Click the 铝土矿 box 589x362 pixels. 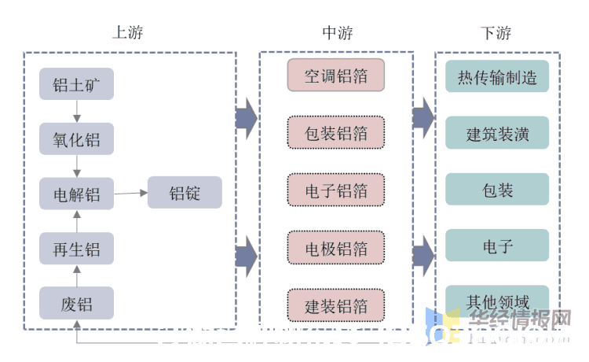(76, 83)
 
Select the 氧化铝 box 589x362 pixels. (76, 139)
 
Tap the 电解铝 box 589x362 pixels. (76, 194)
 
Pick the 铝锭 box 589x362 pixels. (185, 193)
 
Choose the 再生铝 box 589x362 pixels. (76, 249)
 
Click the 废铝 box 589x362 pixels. (76, 304)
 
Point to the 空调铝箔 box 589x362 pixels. (335, 76)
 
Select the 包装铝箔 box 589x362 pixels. (335, 133)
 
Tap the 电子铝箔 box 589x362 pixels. (335, 190)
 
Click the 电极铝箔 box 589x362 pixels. (335, 249)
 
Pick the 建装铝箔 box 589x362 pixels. (335, 305)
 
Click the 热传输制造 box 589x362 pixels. (497, 77)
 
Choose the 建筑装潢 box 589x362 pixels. (497, 133)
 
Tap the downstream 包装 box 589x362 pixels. (497, 190)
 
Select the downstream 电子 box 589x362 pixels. (497, 246)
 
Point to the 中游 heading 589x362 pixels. (338, 33)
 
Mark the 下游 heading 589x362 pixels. (496, 33)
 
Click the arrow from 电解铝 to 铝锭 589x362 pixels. (131, 193)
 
